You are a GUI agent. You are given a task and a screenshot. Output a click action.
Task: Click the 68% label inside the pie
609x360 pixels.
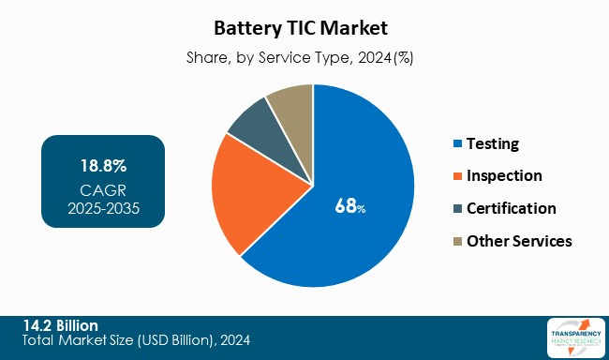[x=349, y=207]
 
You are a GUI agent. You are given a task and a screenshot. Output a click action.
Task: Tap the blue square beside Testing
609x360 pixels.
[x=456, y=144]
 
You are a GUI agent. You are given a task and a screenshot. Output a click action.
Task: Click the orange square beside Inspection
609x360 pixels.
[x=456, y=176]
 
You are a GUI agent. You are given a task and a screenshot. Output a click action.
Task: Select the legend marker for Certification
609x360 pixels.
[x=456, y=208]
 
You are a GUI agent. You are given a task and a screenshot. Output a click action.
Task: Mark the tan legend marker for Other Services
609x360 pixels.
[x=456, y=241]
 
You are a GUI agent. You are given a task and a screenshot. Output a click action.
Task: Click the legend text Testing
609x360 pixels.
[x=492, y=144]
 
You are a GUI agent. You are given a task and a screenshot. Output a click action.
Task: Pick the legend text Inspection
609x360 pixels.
[x=504, y=176]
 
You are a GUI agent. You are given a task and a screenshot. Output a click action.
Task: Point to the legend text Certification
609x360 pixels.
[x=511, y=208]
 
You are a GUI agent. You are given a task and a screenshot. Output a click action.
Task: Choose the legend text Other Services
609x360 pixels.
[x=518, y=241]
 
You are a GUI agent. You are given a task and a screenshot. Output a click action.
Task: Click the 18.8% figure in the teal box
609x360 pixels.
[x=103, y=167]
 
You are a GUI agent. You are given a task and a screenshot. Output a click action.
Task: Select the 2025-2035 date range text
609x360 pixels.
[x=103, y=208]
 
